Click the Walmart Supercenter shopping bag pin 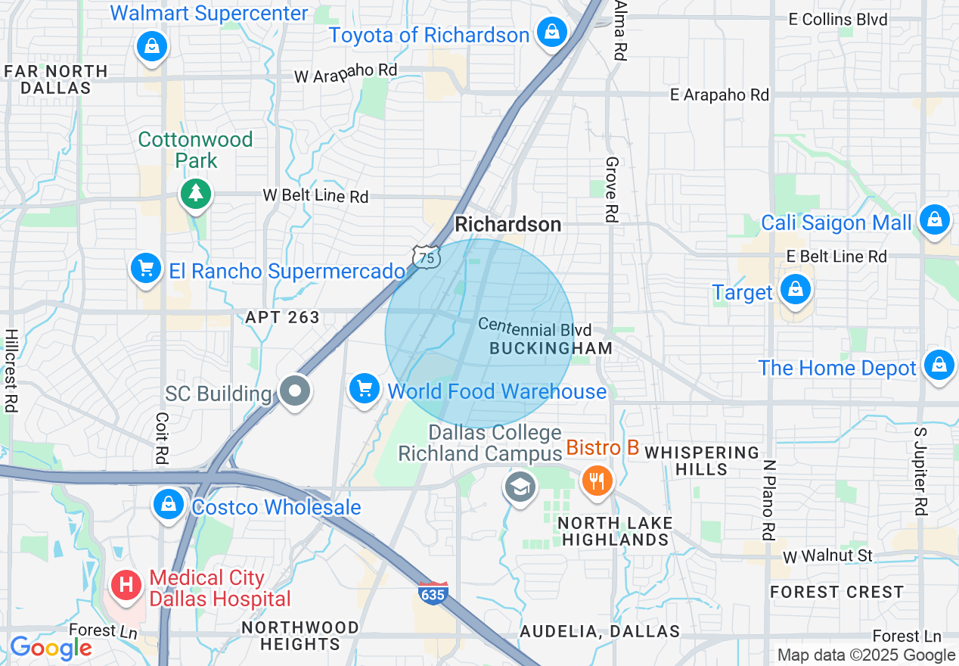tap(152, 45)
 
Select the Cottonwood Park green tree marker tap(196, 193)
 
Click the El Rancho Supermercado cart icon tap(146, 269)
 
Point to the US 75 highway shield tap(427, 257)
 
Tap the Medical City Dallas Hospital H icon tap(126, 585)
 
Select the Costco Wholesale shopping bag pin tap(169, 504)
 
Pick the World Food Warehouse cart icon tap(365, 389)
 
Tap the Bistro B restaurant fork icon tap(597, 480)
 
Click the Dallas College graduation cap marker tap(520, 487)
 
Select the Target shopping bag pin tap(796, 290)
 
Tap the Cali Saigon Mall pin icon tap(935, 220)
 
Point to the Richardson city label tap(507, 224)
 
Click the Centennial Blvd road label tap(535, 328)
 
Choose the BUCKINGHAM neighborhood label tap(551, 348)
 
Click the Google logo tap(51, 648)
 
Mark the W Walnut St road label tap(827, 556)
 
